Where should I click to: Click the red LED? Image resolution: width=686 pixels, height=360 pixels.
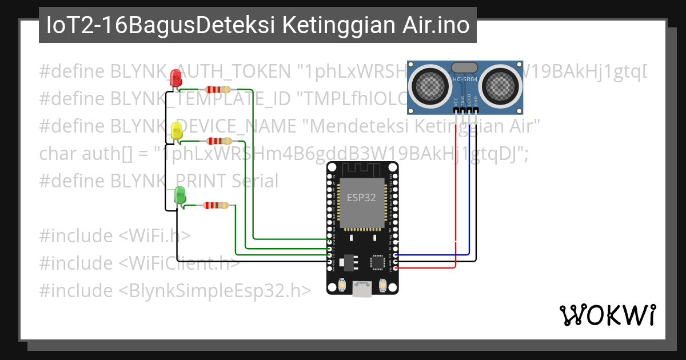tap(177, 78)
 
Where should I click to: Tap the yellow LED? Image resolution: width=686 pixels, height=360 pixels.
tap(177, 131)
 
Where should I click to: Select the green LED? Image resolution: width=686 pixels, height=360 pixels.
tap(180, 195)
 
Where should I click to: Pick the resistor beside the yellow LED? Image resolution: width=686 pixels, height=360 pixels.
tap(218, 141)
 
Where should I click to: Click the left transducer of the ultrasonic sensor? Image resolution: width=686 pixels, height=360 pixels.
tap(429, 85)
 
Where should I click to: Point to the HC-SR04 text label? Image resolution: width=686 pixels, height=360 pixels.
tap(465, 80)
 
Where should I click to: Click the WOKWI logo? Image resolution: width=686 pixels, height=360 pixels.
tap(607, 315)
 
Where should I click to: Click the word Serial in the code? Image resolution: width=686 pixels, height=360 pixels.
tap(255, 181)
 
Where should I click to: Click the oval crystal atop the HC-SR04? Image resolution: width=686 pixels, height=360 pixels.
tap(465, 67)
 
